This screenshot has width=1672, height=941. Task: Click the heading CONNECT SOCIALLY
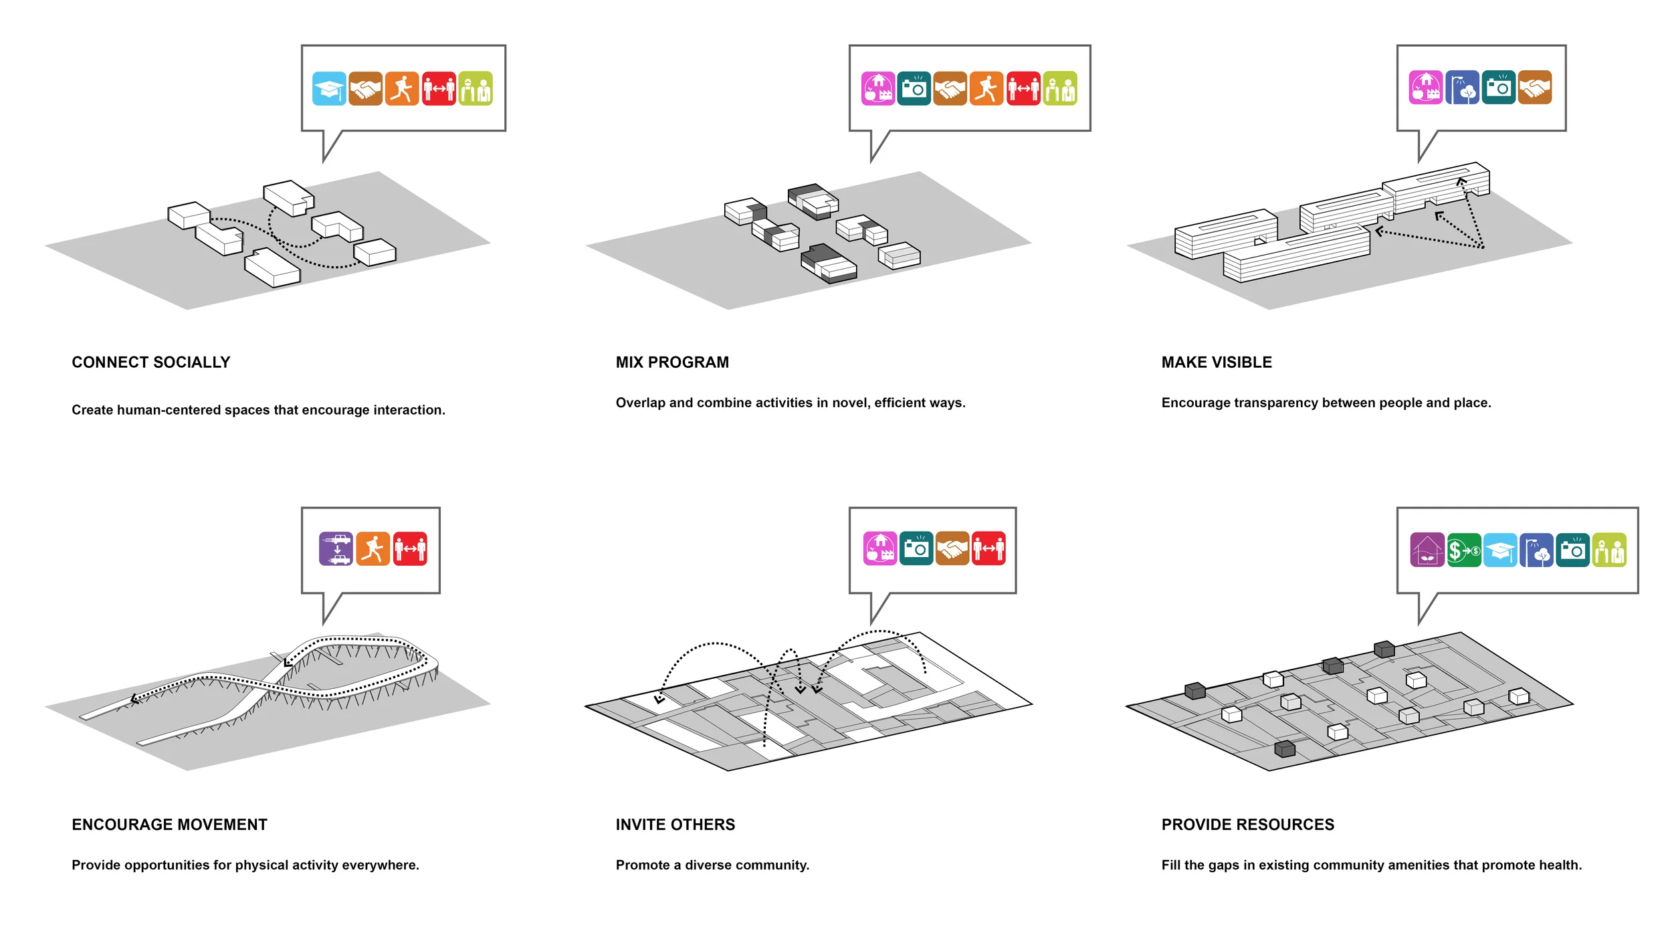(x=150, y=362)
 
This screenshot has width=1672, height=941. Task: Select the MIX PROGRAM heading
(x=672, y=362)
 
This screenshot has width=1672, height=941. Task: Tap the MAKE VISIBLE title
(x=1217, y=362)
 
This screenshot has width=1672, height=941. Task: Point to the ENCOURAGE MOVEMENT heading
(x=169, y=825)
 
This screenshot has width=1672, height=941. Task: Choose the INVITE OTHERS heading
(x=675, y=825)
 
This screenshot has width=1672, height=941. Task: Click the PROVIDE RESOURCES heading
(x=1247, y=825)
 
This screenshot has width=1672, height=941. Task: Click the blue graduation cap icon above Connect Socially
(x=329, y=89)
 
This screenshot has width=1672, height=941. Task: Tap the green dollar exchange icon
(x=1463, y=550)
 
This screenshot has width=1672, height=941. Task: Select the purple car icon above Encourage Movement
(x=336, y=549)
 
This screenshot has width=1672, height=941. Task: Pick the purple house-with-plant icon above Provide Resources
(x=1427, y=550)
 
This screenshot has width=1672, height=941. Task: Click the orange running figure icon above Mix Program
(x=986, y=89)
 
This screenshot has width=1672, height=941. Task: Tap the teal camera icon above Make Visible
(x=1498, y=88)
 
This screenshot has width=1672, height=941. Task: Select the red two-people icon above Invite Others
(x=988, y=549)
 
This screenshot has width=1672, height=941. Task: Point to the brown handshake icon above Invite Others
(x=952, y=549)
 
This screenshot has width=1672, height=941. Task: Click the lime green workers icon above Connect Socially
(x=476, y=89)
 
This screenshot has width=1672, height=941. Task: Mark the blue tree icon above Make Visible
(x=1462, y=88)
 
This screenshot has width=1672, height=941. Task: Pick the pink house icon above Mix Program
(x=878, y=89)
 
